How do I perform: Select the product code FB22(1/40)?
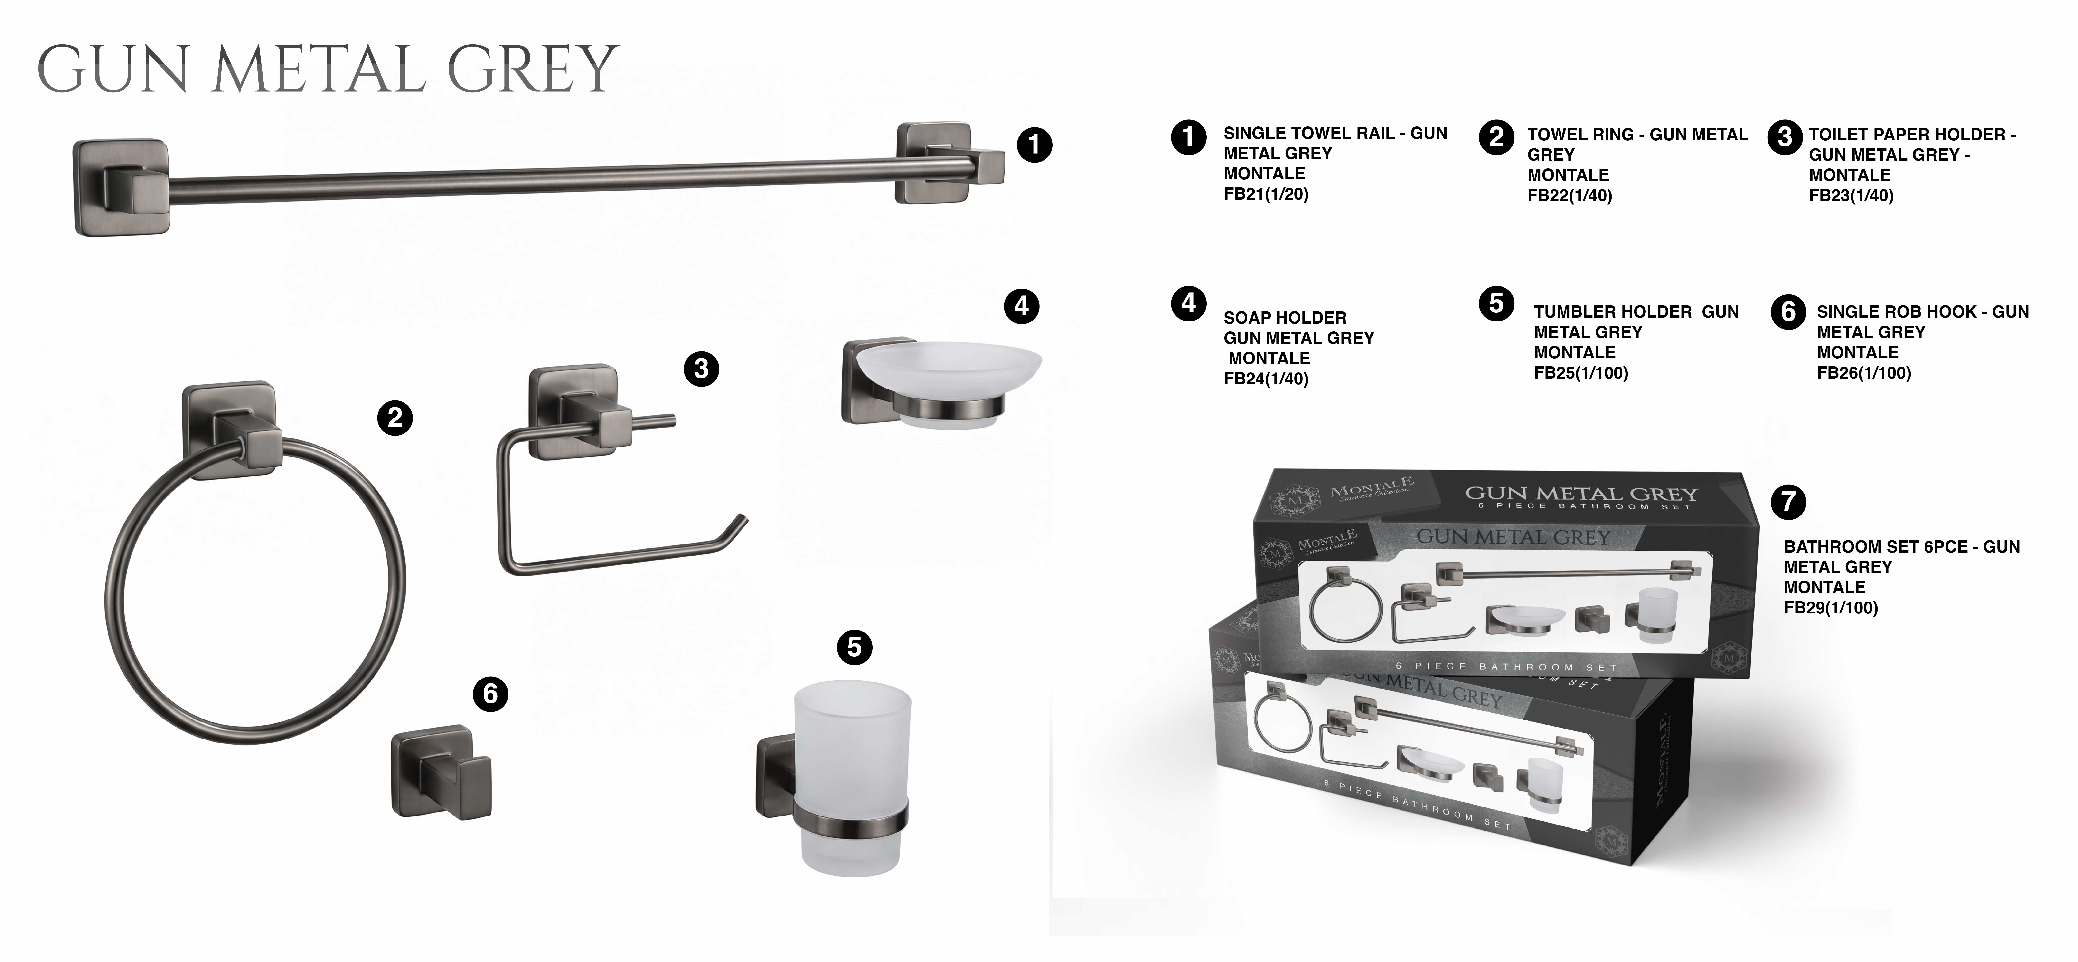(x=1570, y=195)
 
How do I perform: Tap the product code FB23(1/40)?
(x=1851, y=195)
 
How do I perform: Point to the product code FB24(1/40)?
(x=1266, y=379)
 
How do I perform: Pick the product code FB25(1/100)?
(x=1581, y=373)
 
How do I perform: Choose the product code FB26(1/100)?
(x=1864, y=373)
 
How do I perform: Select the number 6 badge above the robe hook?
(x=490, y=694)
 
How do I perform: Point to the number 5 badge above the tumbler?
(x=855, y=647)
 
